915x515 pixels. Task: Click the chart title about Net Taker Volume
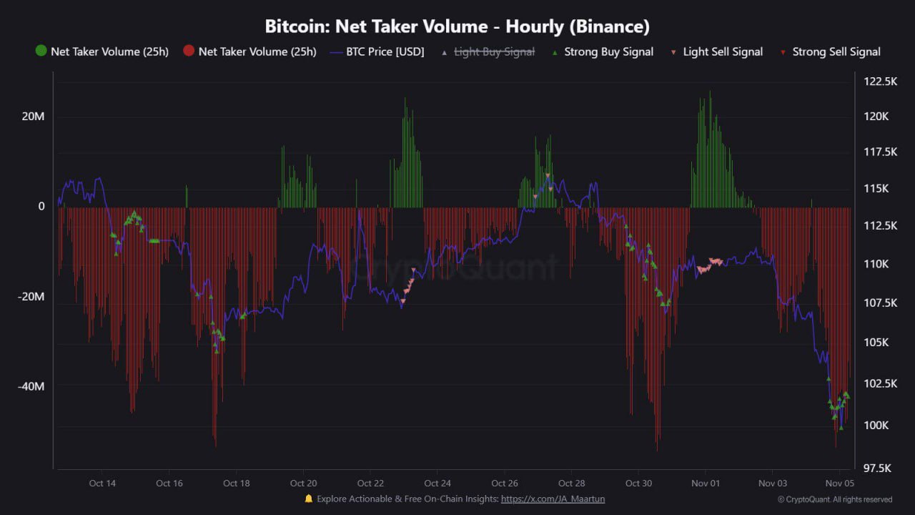[x=457, y=26]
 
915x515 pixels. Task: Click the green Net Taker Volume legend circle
[x=41, y=51]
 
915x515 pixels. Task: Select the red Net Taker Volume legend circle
[x=189, y=51]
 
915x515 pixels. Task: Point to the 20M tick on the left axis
[x=32, y=117]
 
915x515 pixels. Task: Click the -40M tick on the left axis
[x=31, y=386]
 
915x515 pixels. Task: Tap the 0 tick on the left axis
[x=41, y=207]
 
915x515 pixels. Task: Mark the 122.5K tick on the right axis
[x=881, y=82]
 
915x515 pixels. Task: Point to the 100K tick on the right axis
[x=876, y=426]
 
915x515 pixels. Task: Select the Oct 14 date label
[x=102, y=483]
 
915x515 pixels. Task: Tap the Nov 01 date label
[x=706, y=483]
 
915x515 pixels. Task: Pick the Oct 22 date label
[x=370, y=483]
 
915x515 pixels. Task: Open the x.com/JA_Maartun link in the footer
[x=553, y=499]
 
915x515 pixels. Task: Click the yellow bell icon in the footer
[x=309, y=499]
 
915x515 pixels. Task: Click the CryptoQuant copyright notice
[x=835, y=499]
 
